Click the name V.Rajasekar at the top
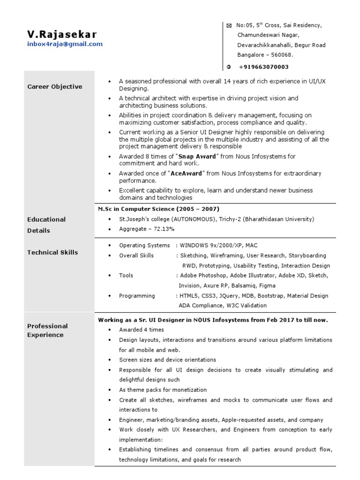click(62, 34)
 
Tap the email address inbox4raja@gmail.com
click(65, 44)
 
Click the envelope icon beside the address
click(229, 26)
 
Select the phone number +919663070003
click(264, 67)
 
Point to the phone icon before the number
click(229, 67)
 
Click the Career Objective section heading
click(54, 87)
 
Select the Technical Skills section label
click(52, 253)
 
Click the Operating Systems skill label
click(144, 246)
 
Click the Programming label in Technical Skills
click(137, 296)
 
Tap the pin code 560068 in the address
click(283, 55)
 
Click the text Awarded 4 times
click(141, 330)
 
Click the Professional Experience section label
click(47, 330)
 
